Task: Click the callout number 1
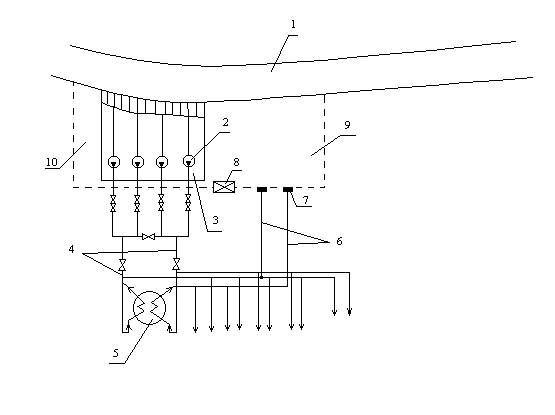pos(293,24)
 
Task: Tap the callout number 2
pos(225,123)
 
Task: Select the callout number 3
pos(216,220)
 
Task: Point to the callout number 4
pos(71,249)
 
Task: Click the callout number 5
pos(116,353)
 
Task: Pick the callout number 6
pos(339,241)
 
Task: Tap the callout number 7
pos(305,200)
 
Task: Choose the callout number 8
pos(236,162)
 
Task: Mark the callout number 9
pos(347,125)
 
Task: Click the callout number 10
pos(52,162)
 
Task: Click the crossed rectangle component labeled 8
pos(224,187)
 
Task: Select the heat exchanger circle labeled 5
pos(149,308)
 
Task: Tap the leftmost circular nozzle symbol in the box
pos(114,162)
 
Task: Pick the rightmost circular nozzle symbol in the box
pos(189,161)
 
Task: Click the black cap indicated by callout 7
pos(288,190)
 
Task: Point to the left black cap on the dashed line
pos(262,190)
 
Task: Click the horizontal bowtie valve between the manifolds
pos(148,236)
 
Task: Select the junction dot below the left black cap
pos(262,277)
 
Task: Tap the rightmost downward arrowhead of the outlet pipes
pos(349,312)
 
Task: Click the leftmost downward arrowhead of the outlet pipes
pos(195,329)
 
